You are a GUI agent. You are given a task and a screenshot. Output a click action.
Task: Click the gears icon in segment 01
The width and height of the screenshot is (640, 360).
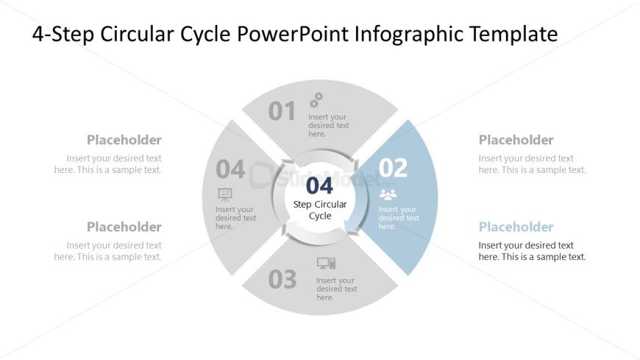[316, 99]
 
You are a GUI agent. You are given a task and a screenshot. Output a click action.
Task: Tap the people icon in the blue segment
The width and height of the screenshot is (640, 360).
[388, 194]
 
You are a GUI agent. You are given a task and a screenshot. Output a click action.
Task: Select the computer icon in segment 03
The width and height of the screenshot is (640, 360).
[326, 263]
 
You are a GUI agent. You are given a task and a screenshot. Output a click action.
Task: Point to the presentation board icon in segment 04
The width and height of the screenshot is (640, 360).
[225, 194]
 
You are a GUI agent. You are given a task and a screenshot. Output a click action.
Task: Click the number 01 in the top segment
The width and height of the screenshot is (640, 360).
[282, 111]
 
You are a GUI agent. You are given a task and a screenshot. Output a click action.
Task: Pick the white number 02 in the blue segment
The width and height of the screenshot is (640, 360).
[393, 168]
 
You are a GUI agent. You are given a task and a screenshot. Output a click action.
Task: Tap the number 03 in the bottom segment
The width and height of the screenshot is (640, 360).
[282, 280]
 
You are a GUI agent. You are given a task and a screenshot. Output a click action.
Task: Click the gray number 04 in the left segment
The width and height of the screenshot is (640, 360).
[230, 169]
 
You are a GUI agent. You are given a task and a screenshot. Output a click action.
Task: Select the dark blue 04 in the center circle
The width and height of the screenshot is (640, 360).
[319, 186]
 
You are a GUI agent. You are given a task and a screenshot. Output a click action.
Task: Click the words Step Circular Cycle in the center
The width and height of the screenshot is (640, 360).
[320, 210]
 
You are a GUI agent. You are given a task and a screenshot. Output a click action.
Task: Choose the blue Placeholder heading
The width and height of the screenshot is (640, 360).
[516, 227]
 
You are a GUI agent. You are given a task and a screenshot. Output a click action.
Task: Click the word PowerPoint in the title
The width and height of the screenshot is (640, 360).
[293, 34]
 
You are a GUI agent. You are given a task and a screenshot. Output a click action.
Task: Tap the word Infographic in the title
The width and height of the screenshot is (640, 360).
[409, 34]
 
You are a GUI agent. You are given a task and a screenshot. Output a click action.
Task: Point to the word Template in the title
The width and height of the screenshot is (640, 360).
[513, 34]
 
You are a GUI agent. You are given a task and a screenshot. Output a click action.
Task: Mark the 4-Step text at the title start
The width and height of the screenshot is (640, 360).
[63, 35]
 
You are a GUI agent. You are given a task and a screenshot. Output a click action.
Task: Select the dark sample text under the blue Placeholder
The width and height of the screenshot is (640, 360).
[533, 251]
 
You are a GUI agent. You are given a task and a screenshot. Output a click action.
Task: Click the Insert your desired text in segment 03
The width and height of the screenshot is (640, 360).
[337, 289]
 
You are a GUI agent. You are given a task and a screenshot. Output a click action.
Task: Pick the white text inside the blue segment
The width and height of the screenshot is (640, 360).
[399, 218]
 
